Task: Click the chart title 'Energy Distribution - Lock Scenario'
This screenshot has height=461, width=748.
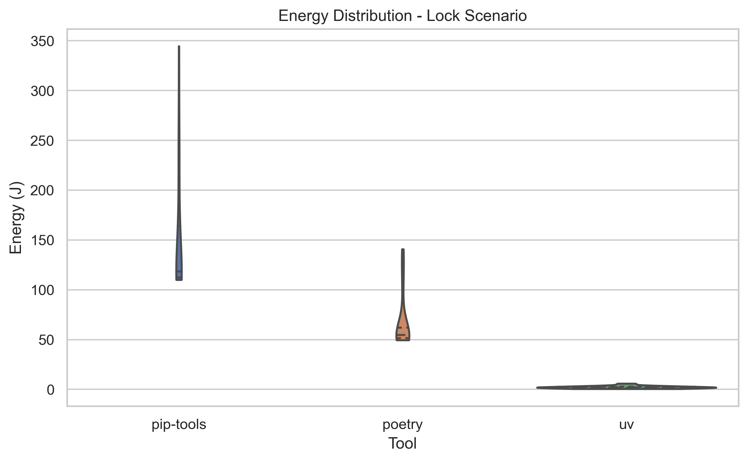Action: point(402,16)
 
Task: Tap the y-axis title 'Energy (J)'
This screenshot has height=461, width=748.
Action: point(16,218)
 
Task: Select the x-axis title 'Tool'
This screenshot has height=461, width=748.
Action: point(402,443)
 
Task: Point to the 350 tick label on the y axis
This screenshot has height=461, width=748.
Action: point(42,41)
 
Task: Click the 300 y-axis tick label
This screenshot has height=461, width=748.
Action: point(42,91)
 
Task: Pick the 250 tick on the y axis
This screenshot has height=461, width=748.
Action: point(42,141)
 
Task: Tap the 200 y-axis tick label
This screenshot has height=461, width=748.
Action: point(42,191)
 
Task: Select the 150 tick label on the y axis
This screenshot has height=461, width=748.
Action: point(42,241)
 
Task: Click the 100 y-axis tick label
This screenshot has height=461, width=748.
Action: point(42,290)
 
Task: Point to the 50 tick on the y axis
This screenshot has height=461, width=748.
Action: point(46,340)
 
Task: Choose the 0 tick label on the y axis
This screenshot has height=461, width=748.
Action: point(51,390)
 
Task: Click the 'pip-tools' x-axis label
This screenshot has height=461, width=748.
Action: point(179,424)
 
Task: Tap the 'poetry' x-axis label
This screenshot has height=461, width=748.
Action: point(402,424)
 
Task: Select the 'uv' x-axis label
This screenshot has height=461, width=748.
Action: point(626,424)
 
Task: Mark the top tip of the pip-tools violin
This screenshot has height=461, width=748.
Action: point(179,47)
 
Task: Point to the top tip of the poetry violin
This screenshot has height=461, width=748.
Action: point(403,250)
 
